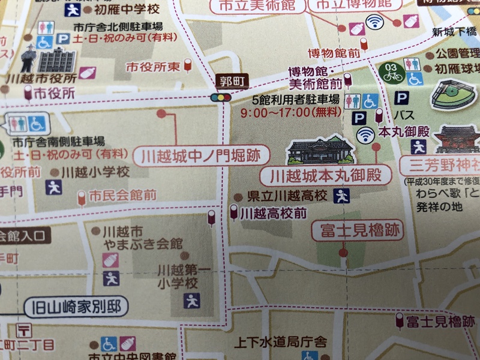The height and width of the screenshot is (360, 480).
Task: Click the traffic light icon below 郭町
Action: coord(220,97)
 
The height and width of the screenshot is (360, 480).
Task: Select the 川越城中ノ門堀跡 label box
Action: coord(201,157)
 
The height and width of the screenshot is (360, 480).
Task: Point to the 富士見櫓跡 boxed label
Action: coord(358,230)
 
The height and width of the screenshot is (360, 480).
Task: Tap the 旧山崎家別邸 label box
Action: coord(76,308)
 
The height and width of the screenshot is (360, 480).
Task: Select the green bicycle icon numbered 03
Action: coord(391,72)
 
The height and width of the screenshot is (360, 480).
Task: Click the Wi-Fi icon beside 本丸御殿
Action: coord(364,136)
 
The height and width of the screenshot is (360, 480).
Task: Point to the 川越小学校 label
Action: coord(95,172)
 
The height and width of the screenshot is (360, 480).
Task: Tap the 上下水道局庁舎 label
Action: coord(280,343)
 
